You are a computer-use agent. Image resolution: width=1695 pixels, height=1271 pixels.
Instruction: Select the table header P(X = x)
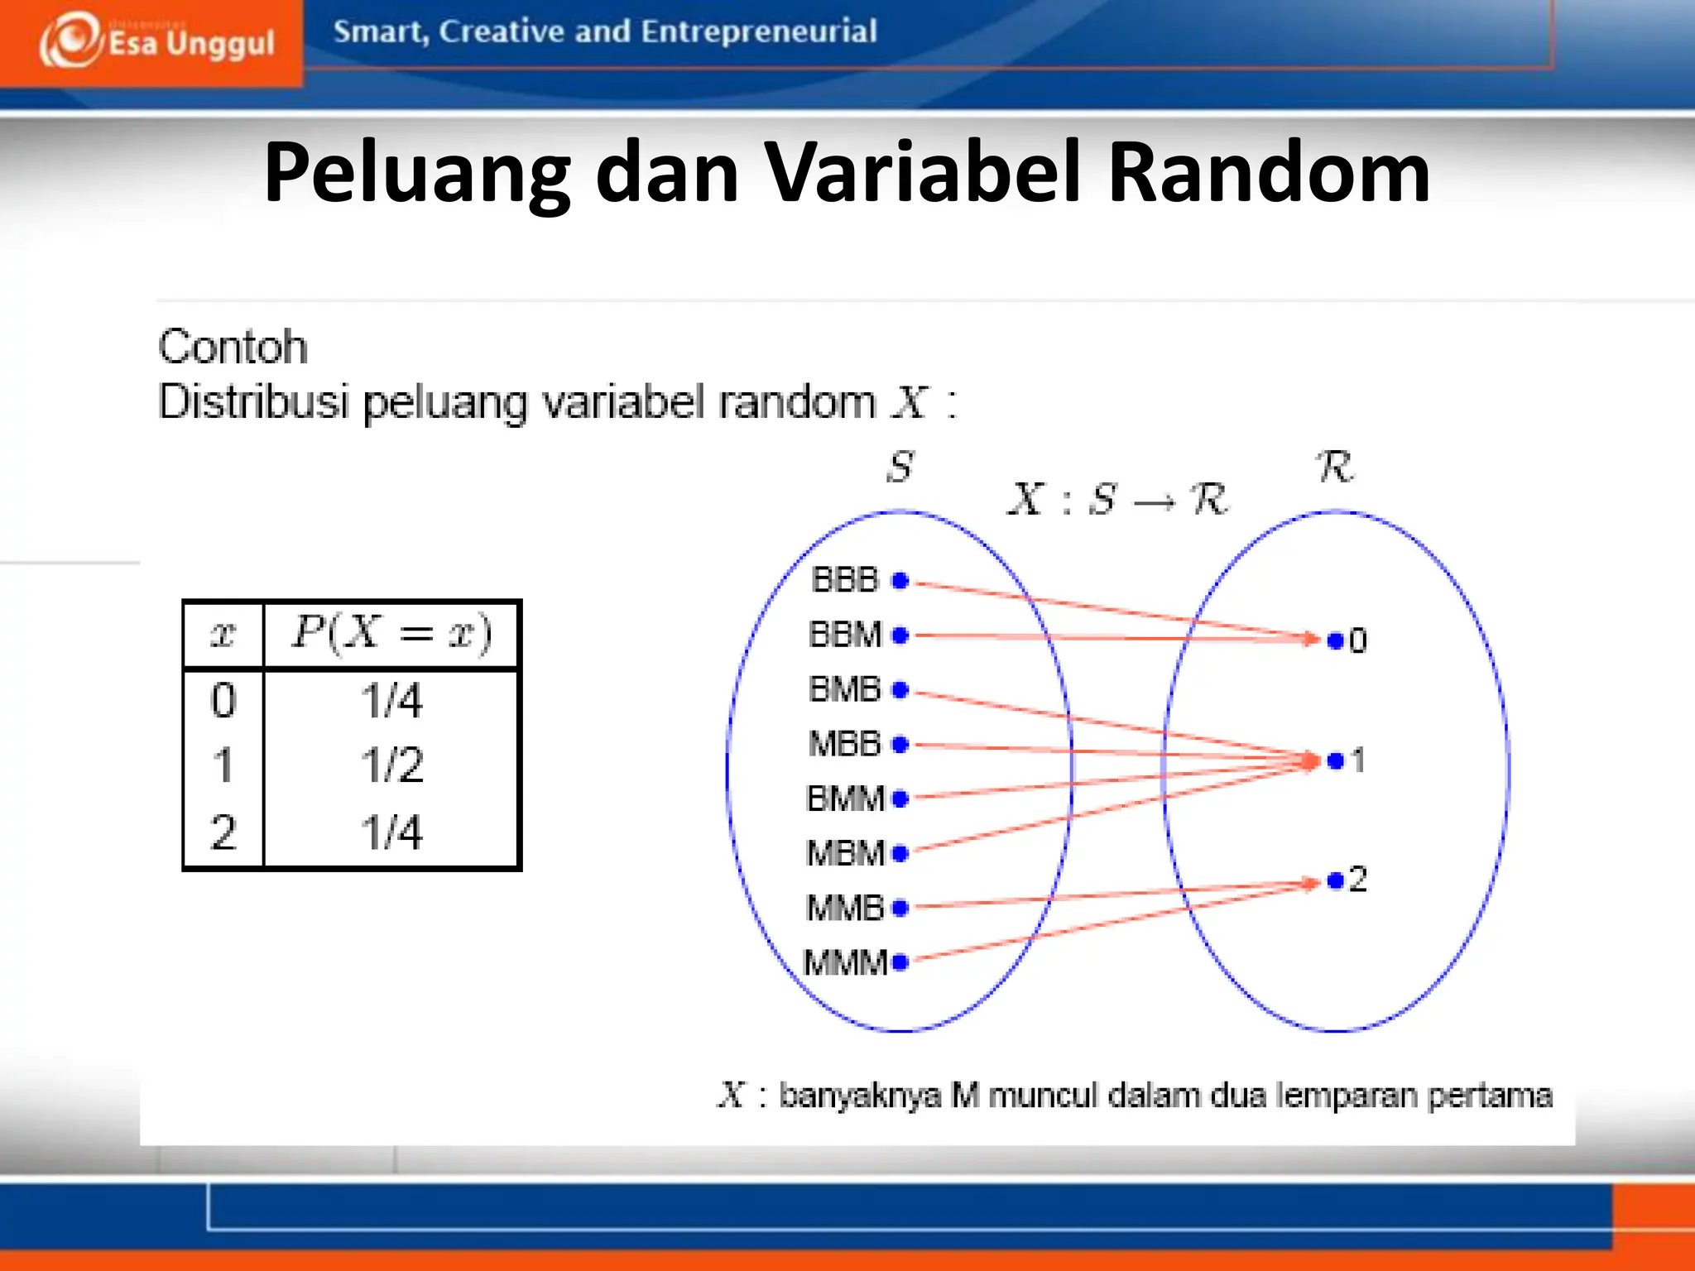pyautogui.click(x=391, y=634)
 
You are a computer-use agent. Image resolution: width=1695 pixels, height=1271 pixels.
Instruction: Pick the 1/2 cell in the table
pyautogui.click(x=391, y=765)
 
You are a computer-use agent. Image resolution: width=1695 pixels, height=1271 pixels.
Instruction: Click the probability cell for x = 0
pyautogui.click(x=391, y=700)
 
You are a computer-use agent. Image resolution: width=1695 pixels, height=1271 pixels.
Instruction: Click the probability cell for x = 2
pyautogui.click(x=391, y=832)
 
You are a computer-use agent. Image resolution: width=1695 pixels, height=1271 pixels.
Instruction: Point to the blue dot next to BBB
pyautogui.click(x=900, y=581)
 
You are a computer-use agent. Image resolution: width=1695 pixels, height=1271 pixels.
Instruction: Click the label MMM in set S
pyautogui.click(x=845, y=962)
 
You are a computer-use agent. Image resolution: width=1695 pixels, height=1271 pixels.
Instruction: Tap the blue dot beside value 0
pyautogui.click(x=1335, y=640)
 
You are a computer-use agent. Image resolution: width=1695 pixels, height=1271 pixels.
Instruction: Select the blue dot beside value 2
pyautogui.click(x=1335, y=880)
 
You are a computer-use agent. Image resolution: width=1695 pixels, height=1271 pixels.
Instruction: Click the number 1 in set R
pyautogui.click(x=1357, y=760)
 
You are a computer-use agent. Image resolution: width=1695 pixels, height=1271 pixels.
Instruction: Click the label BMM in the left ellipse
pyautogui.click(x=845, y=799)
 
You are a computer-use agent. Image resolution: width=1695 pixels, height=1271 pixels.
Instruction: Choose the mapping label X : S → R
pyautogui.click(x=1117, y=500)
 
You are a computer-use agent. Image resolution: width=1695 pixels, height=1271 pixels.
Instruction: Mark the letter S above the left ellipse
pyautogui.click(x=900, y=467)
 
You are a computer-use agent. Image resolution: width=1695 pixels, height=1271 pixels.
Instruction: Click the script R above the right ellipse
pyautogui.click(x=1334, y=467)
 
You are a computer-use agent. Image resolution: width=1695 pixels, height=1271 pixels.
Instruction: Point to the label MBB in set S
pyautogui.click(x=844, y=744)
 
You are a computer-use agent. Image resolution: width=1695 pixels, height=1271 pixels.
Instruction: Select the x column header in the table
pyautogui.click(x=223, y=634)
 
